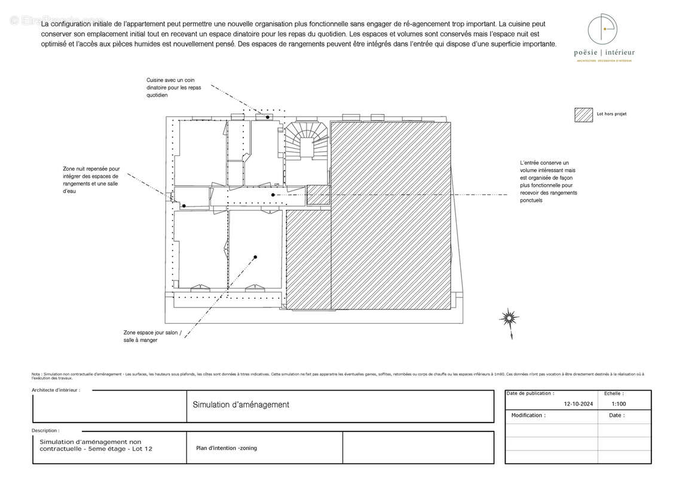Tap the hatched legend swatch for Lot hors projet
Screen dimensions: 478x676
tap(583, 115)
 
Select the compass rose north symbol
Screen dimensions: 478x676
tap(509, 318)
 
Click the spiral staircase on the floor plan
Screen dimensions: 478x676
tap(305, 143)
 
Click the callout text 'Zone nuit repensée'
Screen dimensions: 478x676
tap(91, 180)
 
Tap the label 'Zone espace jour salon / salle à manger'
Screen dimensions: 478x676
tap(152, 336)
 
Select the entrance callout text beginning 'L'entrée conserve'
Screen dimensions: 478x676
tap(549, 181)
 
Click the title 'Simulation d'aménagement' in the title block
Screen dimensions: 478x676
tap(241, 405)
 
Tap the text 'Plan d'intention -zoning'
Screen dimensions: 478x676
tap(227, 448)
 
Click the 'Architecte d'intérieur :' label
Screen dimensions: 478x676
tap(56, 390)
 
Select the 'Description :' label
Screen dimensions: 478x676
tap(45, 430)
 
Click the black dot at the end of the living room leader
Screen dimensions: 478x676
tap(255, 258)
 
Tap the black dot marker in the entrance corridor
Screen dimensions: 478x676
tap(273, 195)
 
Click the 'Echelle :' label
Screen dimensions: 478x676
tap(614, 394)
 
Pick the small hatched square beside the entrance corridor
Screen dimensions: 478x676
tap(318, 195)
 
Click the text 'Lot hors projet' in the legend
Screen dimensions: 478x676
tap(611, 114)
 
